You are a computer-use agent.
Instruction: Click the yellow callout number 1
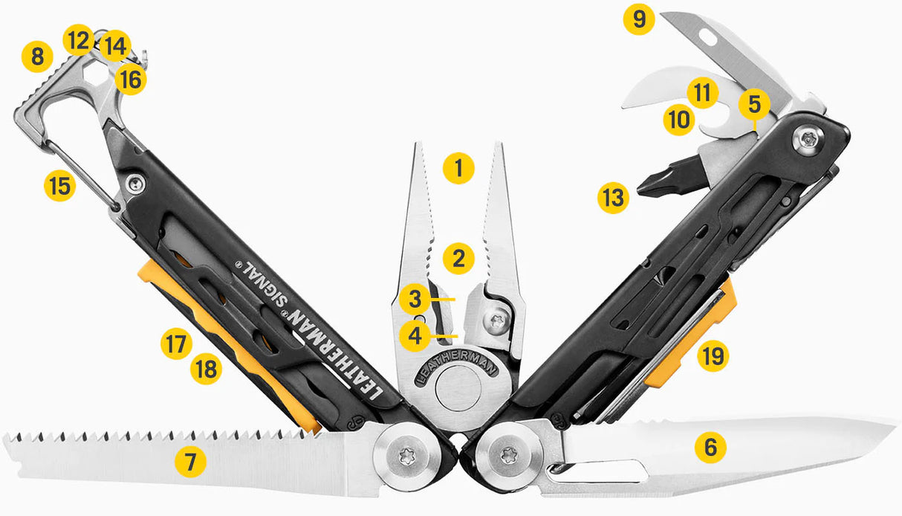(x=458, y=168)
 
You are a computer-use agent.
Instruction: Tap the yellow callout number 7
(x=190, y=462)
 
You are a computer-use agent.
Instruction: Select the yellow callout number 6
(x=710, y=448)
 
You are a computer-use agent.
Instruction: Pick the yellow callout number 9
(x=639, y=19)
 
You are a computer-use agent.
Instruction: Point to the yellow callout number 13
(x=614, y=199)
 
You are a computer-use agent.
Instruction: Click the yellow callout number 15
(x=59, y=185)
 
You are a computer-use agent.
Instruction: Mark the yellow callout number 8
(x=37, y=57)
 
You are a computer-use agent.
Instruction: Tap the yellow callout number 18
(x=206, y=368)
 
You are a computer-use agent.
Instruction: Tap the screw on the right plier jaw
(x=496, y=320)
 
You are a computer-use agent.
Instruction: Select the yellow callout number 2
(x=458, y=259)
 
